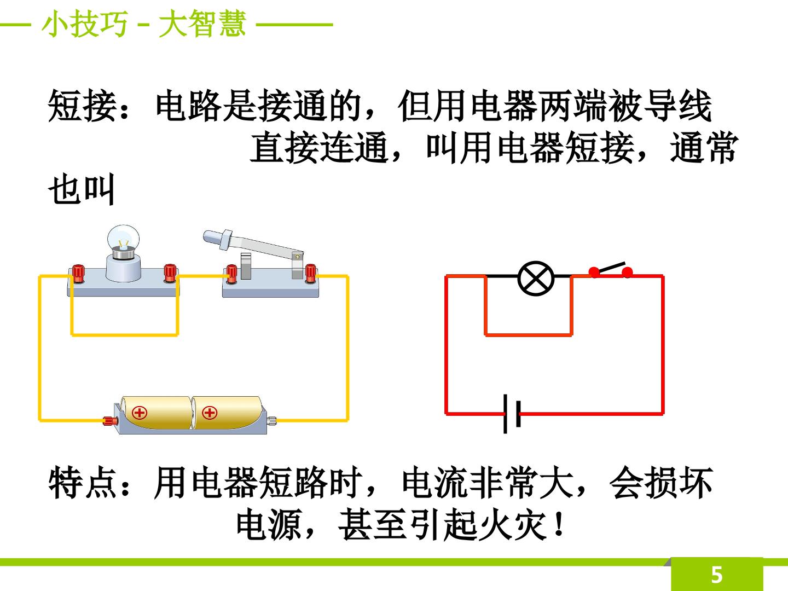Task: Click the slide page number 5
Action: [x=716, y=575]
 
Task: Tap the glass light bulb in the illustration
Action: [x=123, y=239]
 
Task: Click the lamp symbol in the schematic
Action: [x=536, y=279]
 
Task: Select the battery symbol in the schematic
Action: [x=512, y=414]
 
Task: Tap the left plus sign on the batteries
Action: [x=140, y=413]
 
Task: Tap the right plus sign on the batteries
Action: [x=209, y=413]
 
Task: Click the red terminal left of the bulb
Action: [x=79, y=274]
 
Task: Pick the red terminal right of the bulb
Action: [x=170, y=273]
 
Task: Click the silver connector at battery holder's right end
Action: [x=272, y=420]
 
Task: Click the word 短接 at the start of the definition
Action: [x=83, y=106]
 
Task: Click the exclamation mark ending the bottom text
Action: [x=559, y=524]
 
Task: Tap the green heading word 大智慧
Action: [x=202, y=24]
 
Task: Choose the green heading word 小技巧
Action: [x=84, y=24]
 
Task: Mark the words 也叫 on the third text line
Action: [x=82, y=189]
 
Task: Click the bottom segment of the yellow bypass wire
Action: [x=125, y=335]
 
